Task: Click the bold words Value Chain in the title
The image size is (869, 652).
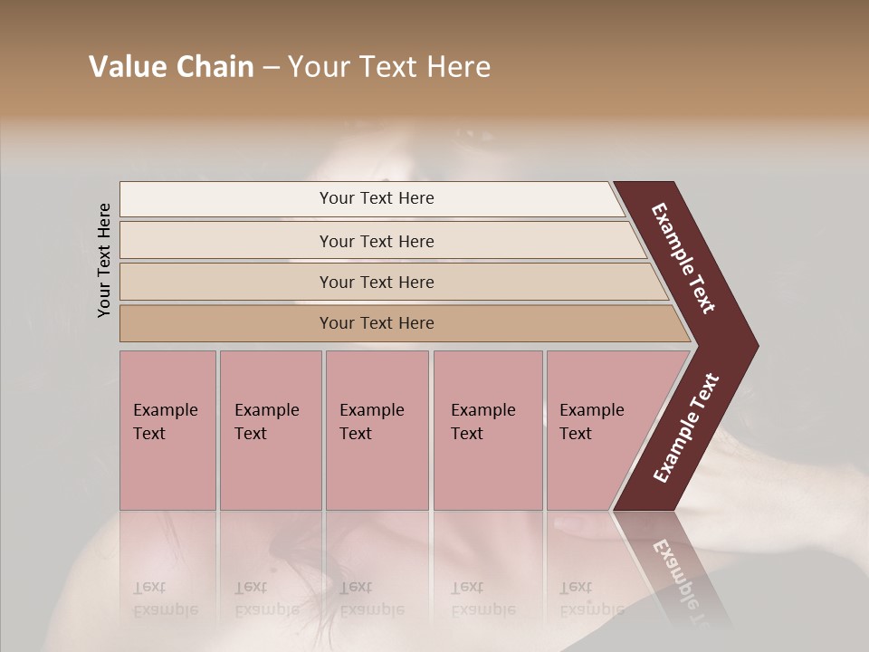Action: tap(171, 67)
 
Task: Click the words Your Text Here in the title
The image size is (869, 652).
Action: tap(389, 67)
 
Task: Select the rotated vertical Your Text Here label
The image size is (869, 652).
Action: tap(104, 260)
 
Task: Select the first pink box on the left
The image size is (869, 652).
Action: tap(167, 430)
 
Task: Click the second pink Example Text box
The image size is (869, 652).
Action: tap(270, 430)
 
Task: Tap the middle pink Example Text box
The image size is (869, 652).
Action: tap(377, 430)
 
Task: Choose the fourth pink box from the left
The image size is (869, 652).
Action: tap(488, 430)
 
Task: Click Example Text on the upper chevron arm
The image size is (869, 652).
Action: tap(683, 258)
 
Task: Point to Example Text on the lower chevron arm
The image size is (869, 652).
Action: tap(685, 428)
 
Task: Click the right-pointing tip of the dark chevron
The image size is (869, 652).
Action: tap(753, 346)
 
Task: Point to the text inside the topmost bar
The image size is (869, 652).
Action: tap(377, 198)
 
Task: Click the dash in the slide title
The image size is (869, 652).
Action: tap(271, 68)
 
